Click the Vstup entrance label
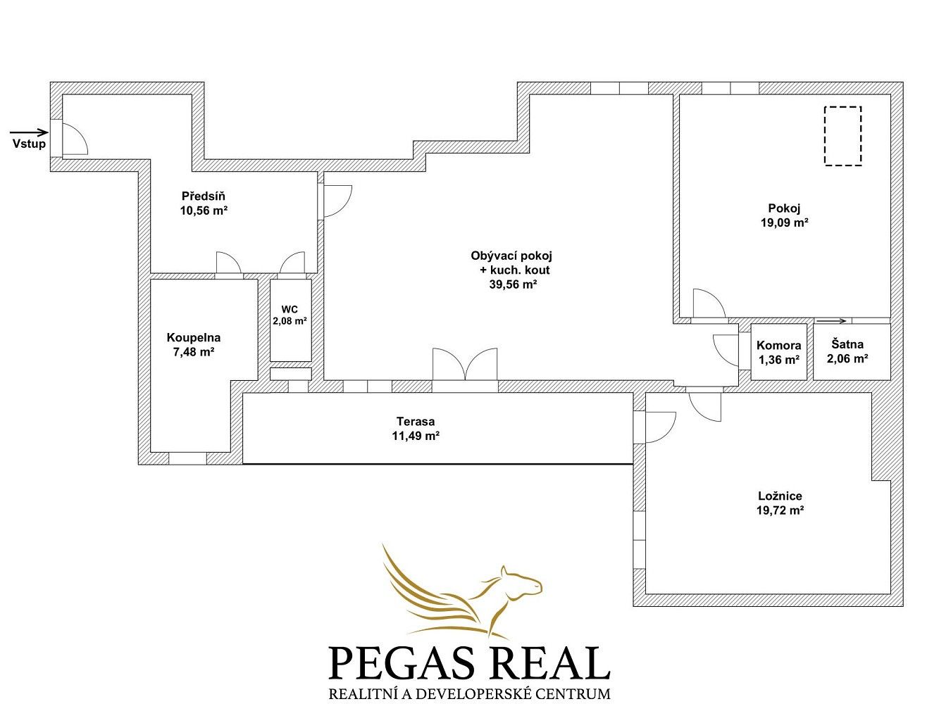(x=29, y=144)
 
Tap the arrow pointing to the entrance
(x=29, y=132)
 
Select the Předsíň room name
(x=203, y=196)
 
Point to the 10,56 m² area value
(x=204, y=210)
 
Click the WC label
(x=290, y=310)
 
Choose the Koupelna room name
(x=193, y=338)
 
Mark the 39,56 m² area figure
(x=514, y=284)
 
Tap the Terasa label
(x=416, y=422)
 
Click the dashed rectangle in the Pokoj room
(x=842, y=135)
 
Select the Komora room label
(x=778, y=346)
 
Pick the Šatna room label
(x=847, y=344)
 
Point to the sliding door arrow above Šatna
(x=831, y=321)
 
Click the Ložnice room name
(x=780, y=496)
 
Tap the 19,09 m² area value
(x=784, y=222)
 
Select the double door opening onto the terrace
(x=465, y=364)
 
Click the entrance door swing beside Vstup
(x=75, y=139)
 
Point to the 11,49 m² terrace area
(x=416, y=436)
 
